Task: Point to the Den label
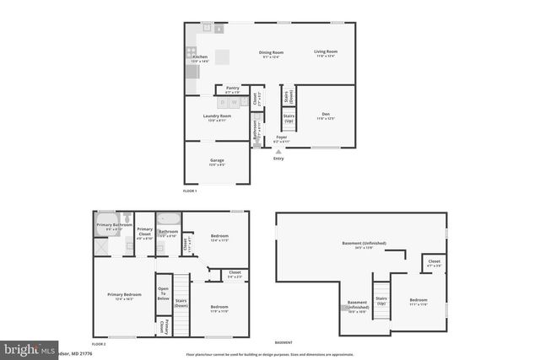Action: click(x=326, y=116)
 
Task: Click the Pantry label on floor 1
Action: click(x=232, y=89)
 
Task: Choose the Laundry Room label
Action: click(x=217, y=118)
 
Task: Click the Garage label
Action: click(x=217, y=161)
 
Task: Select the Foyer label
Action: click(x=282, y=138)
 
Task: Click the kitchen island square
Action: click(x=222, y=56)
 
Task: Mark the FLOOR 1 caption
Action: click(x=190, y=191)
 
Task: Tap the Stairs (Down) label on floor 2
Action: click(x=181, y=302)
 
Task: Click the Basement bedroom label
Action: click(x=418, y=301)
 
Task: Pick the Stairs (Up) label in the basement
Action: click(x=381, y=300)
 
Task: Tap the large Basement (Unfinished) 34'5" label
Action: click(x=364, y=244)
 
